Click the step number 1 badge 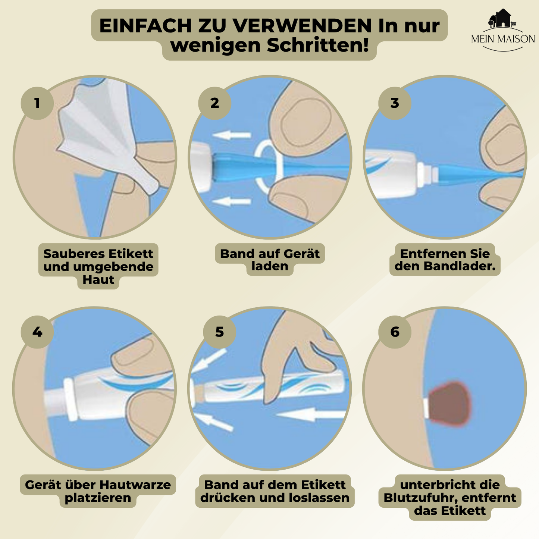click(37, 103)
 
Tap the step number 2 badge click(214, 103)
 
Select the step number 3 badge click(395, 103)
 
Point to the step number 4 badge click(37, 332)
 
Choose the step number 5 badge click(219, 332)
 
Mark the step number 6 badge click(395, 332)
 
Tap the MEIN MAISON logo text click(503, 39)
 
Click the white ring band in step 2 click(268, 166)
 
